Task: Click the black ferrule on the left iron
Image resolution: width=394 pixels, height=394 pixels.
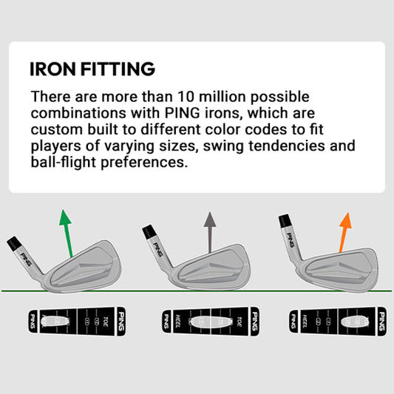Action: (14, 242)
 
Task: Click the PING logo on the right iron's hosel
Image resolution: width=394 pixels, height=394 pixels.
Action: (291, 242)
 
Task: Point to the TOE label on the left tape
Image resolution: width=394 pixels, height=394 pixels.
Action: (102, 321)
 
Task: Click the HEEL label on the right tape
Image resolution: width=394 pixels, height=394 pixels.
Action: (305, 321)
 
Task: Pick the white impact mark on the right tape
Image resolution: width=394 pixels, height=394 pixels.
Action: (352, 321)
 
